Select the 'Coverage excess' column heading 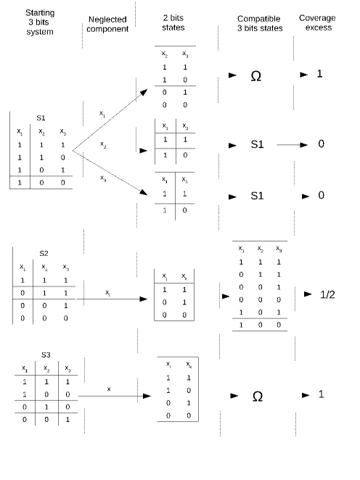(x=317, y=23)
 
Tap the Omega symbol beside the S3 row (x=257, y=397)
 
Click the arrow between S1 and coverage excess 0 (x=292, y=145)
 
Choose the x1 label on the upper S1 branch (x=102, y=114)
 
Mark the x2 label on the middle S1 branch (x=103, y=144)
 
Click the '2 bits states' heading (x=173, y=23)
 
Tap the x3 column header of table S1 (x=63, y=131)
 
